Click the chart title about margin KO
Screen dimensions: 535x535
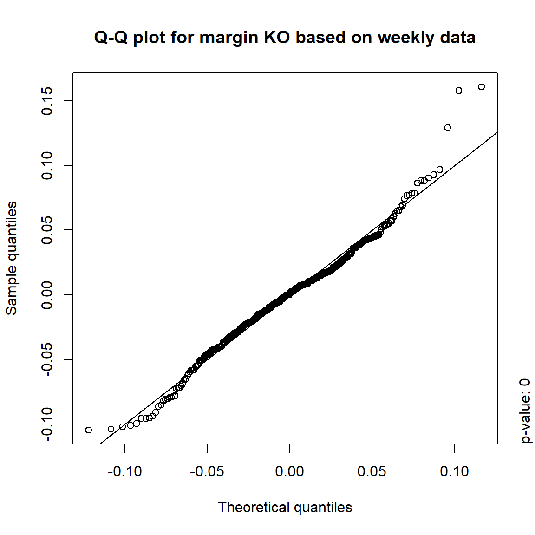[x=284, y=38]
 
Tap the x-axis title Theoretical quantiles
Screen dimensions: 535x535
[x=285, y=507]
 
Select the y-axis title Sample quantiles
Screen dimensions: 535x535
[x=11, y=258]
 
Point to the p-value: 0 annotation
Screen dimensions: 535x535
[x=525, y=411]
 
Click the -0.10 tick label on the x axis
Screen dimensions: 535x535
[x=124, y=472]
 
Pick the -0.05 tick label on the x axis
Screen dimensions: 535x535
[x=207, y=472]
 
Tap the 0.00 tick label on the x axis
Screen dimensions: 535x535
[x=289, y=472]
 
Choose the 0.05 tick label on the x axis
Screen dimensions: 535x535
[x=372, y=472]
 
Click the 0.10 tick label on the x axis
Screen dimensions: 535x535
[x=454, y=472]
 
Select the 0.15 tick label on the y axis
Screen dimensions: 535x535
[x=47, y=101]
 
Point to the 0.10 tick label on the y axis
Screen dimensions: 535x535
[x=47, y=165]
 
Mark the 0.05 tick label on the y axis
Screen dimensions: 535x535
[x=47, y=230]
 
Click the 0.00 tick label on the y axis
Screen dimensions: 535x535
[x=47, y=294]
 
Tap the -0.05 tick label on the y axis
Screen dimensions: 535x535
[x=47, y=359]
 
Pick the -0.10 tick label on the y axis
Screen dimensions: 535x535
[x=47, y=424]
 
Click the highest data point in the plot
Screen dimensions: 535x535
[x=482, y=87]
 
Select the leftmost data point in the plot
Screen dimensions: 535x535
[x=89, y=430]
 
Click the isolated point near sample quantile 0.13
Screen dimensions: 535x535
[x=448, y=128]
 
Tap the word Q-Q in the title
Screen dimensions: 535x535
[x=111, y=38]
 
